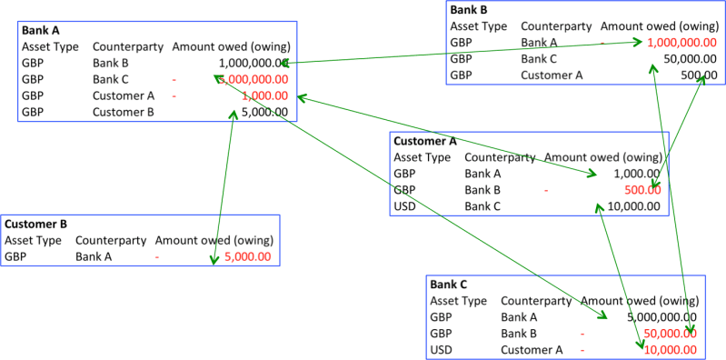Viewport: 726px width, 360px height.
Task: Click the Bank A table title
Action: [43, 30]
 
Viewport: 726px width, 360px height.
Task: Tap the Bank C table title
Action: [450, 285]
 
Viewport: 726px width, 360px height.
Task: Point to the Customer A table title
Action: [424, 141]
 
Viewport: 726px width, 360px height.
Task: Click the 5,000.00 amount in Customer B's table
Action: [247, 256]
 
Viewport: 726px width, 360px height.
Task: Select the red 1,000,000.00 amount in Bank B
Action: [689, 43]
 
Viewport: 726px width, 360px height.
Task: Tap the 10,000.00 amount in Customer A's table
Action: [628, 206]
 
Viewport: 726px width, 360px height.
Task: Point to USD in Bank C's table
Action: [441, 349]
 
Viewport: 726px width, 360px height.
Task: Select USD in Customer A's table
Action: [405, 206]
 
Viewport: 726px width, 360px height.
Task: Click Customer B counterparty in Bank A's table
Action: [123, 113]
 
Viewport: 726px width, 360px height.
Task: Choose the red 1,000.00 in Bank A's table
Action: [264, 95]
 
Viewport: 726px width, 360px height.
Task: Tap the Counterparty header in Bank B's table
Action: [555, 26]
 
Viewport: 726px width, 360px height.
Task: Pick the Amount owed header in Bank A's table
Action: [230, 46]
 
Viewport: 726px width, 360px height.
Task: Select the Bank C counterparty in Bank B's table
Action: [542, 59]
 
